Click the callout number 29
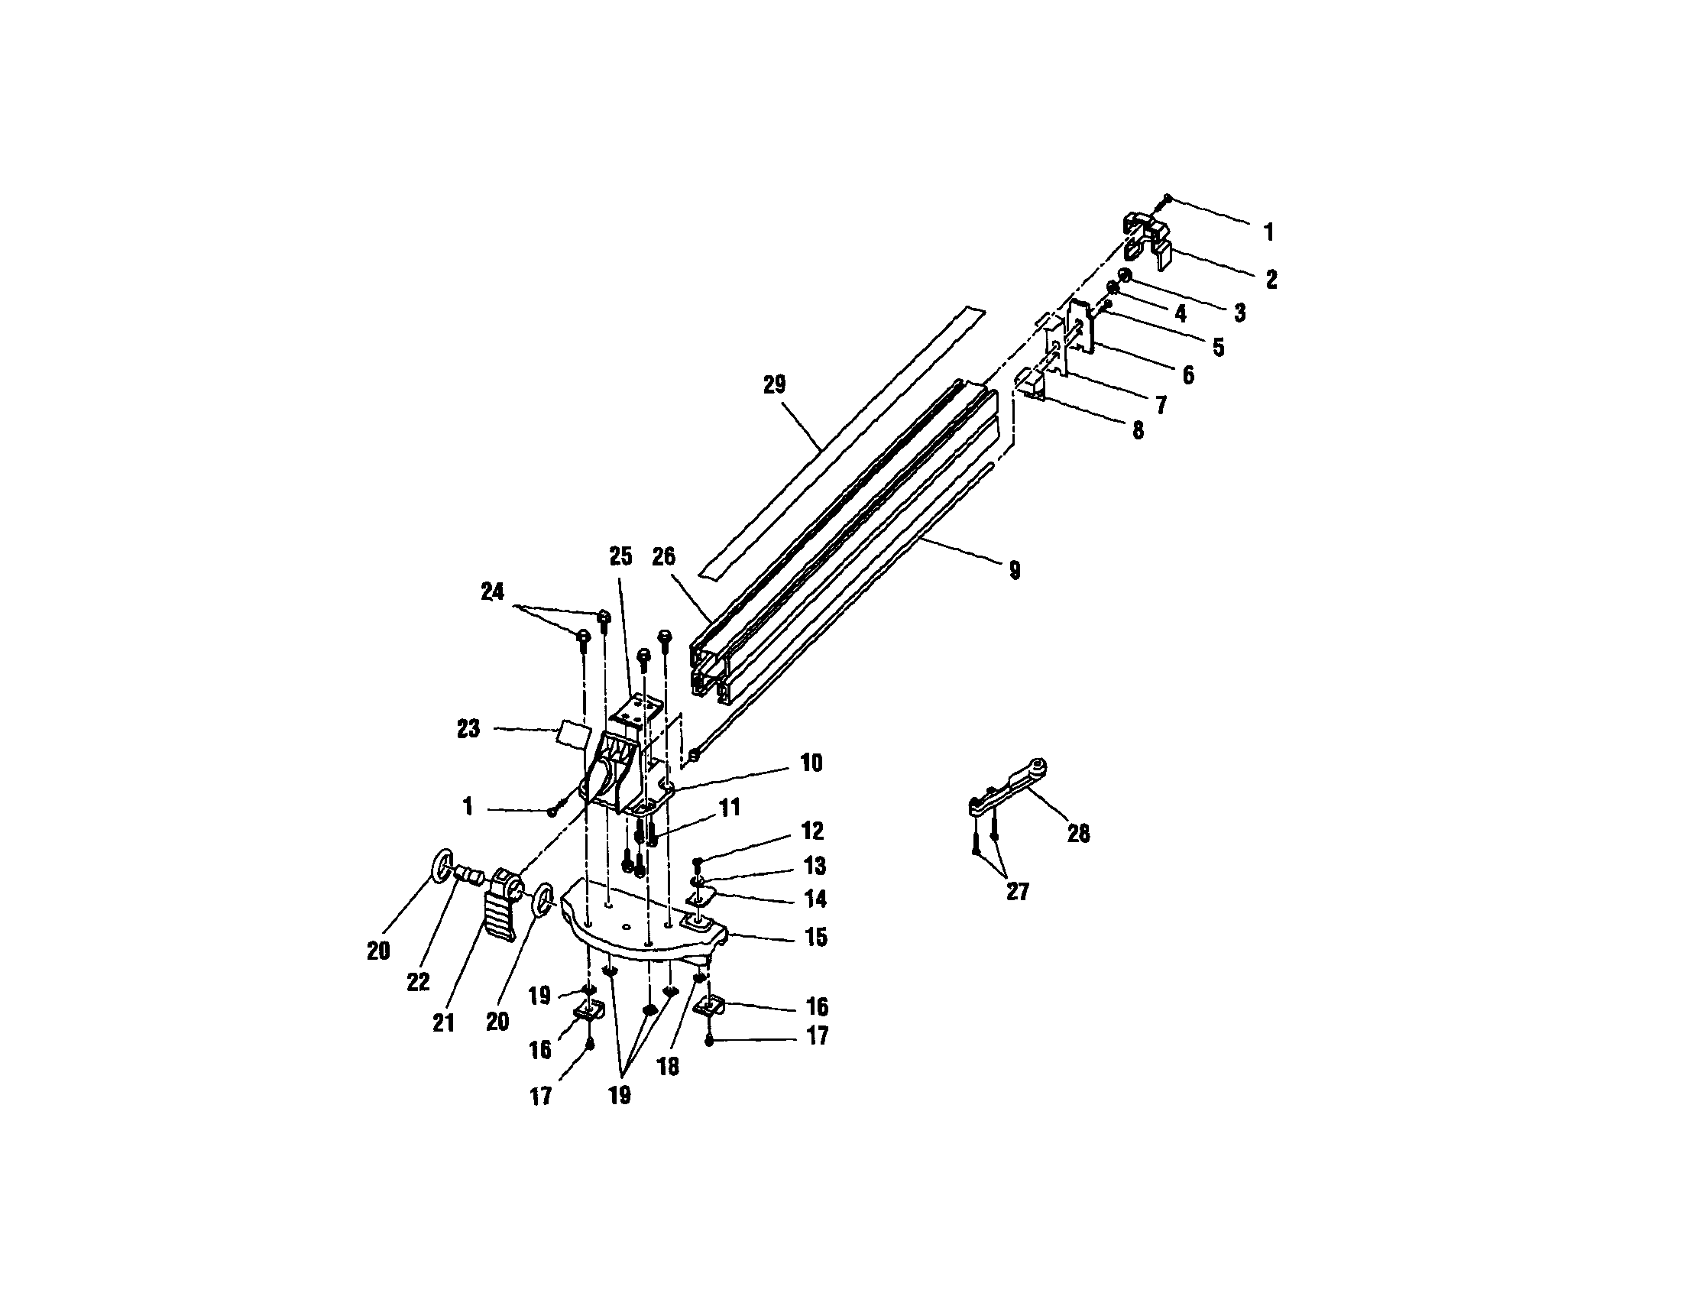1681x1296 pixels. click(x=774, y=385)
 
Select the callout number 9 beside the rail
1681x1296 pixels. click(x=1015, y=570)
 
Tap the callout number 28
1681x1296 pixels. click(x=1078, y=834)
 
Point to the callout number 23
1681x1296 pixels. click(x=468, y=729)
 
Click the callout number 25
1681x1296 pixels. click(x=620, y=556)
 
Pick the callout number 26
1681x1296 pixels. click(x=663, y=556)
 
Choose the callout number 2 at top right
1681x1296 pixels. click(x=1271, y=280)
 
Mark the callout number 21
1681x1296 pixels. click(x=443, y=1022)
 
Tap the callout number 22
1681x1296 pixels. click(x=418, y=983)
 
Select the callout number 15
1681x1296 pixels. click(x=816, y=938)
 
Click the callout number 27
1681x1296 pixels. click(x=1017, y=891)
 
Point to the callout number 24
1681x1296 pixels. click(x=492, y=591)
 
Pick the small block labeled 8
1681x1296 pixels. click(x=1032, y=382)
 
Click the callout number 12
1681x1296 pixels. click(x=812, y=831)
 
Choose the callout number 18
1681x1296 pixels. click(x=668, y=1068)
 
